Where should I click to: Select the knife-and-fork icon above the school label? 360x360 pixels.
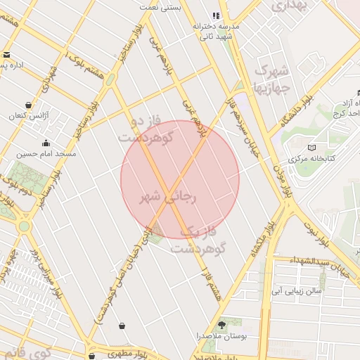[216, 15]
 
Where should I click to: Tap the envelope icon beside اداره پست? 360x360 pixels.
[6, 55]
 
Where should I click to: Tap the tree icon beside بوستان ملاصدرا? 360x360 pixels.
[222, 324]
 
